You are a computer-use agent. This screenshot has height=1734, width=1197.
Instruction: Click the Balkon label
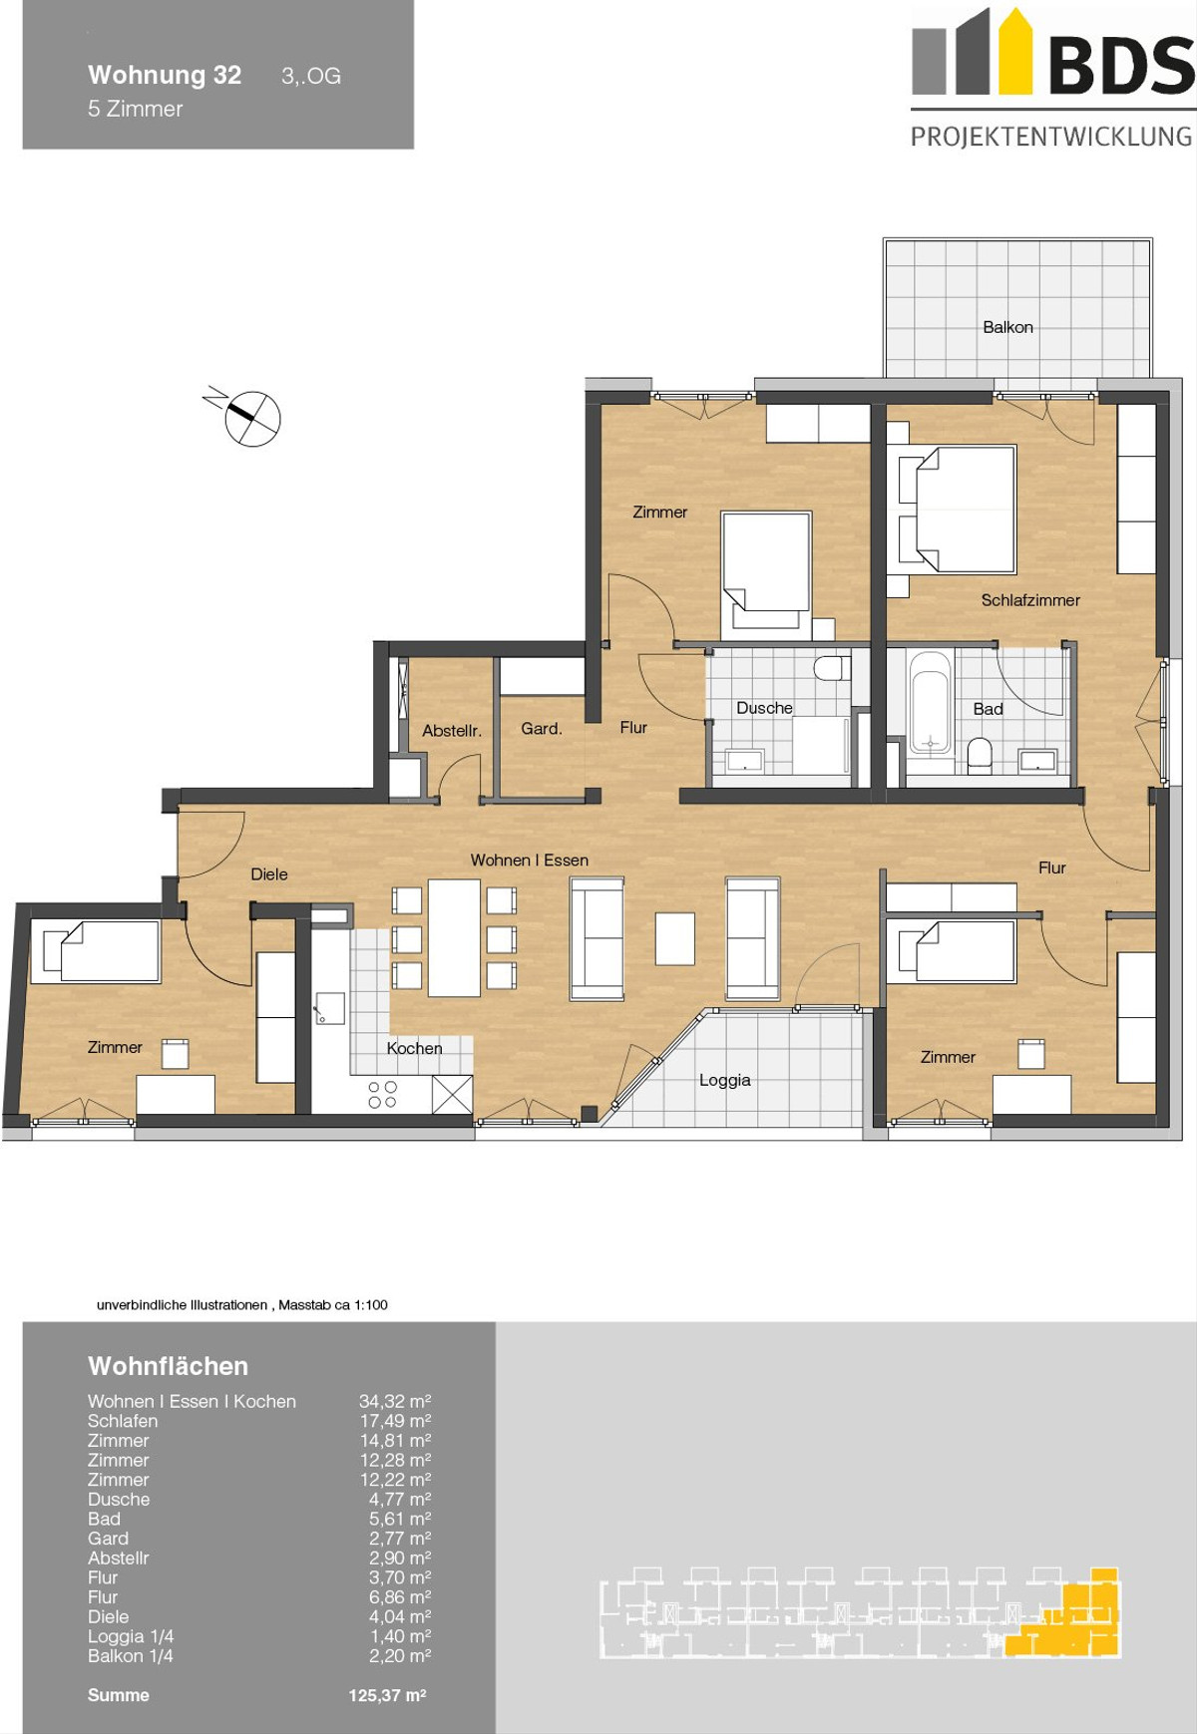click(x=1007, y=327)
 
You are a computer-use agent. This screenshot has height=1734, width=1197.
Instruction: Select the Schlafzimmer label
click(x=1030, y=600)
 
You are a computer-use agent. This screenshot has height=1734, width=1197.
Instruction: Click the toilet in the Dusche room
click(x=831, y=668)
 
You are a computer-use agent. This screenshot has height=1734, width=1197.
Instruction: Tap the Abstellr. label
click(x=452, y=731)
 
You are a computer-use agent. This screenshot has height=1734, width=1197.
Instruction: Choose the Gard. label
click(x=542, y=729)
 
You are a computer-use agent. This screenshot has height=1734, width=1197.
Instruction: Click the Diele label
click(x=269, y=874)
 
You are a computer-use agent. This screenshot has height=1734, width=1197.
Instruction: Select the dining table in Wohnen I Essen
click(x=454, y=937)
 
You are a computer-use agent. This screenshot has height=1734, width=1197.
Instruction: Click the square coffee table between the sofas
click(x=674, y=939)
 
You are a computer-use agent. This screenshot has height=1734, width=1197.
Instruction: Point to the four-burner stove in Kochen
click(x=382, y=1095)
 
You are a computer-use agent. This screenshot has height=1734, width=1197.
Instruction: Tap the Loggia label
click(x=725, y=1080)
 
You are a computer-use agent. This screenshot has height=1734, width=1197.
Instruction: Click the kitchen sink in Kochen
click(x=330, y=1008)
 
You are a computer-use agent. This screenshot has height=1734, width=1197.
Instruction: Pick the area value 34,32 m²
click(x=395, y=1401)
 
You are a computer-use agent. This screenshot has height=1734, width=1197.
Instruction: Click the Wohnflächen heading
click(x=168, y=1366)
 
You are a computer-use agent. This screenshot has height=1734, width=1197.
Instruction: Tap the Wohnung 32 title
click(x=165, y=75)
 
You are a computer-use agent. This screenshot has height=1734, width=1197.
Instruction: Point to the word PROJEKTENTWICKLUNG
click(x=1051, y=137)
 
